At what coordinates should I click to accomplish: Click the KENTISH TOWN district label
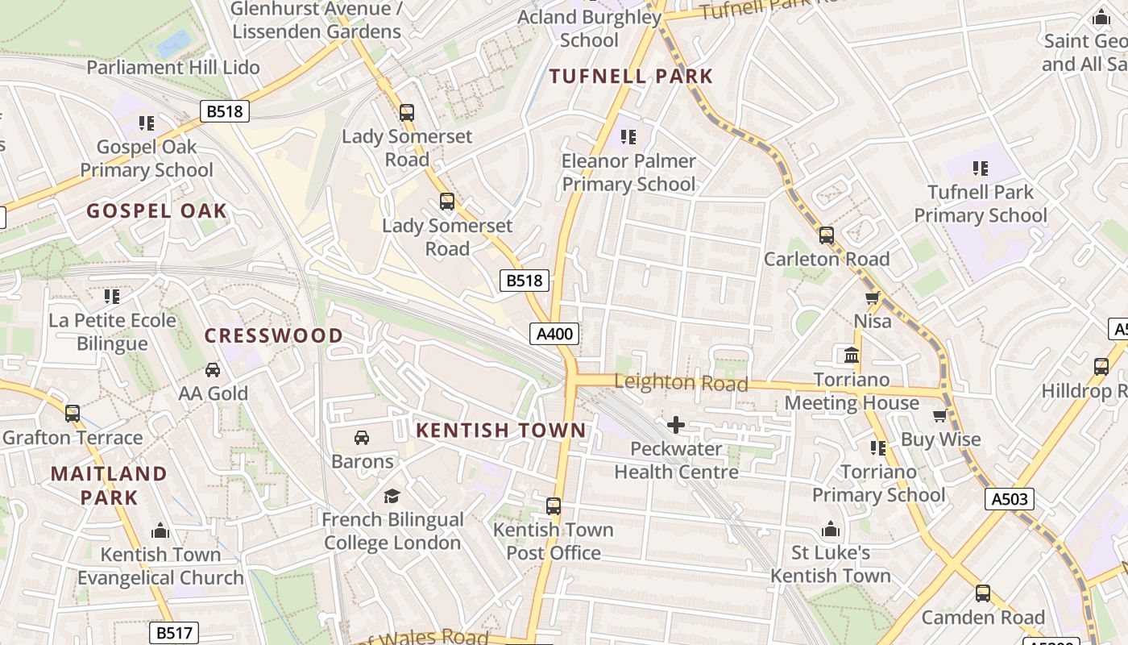(x=500, y=431)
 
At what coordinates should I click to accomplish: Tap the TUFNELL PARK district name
(x=631, y=77)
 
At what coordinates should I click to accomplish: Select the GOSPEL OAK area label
(x=157, y=211)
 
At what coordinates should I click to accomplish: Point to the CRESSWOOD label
(x=274, y=335)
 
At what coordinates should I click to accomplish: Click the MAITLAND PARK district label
(x=109, y=485)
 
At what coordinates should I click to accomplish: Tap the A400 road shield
(x=554, y=334)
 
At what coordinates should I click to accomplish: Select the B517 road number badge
(x=174, y=633)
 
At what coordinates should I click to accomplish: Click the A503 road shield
(x=1009, y=499)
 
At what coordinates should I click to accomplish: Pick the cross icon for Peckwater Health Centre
(x=676, y=424)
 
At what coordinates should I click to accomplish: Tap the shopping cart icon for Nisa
(x=872, y=298)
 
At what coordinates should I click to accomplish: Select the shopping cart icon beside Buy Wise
(x=939, y=416)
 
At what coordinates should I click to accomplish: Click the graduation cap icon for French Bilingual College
(x=392, y=496)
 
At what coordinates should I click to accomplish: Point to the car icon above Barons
(x=362, y=438)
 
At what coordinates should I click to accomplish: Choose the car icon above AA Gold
(x=213, y=370)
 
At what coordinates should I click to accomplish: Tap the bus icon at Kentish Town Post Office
(x=554, y=506)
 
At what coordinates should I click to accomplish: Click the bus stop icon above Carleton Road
(x=827, y=235)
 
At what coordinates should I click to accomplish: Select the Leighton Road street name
(x=681, y=383)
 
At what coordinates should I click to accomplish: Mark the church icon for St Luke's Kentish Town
(x=831, y=530)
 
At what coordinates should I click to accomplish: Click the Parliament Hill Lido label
(x=173, y=67)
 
